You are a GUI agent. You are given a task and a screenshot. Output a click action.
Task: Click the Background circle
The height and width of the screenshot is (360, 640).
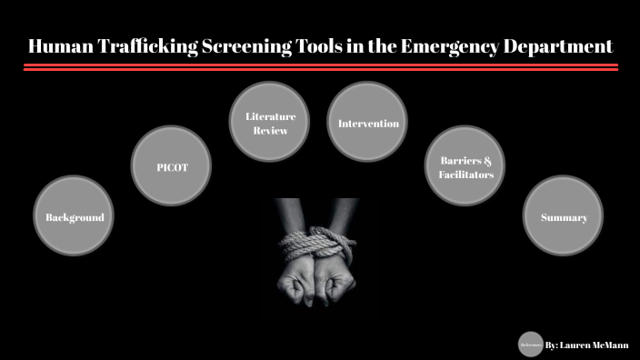point(75,215)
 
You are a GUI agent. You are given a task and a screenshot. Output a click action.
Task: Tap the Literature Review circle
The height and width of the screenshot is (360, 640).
point(266,123)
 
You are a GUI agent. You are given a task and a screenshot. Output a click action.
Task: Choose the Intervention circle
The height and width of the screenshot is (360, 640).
point(367,123)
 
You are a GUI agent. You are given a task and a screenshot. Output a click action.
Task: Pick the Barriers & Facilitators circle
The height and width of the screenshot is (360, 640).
point(460,165)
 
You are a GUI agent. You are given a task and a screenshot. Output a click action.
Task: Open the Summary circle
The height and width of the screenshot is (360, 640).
point(564,215)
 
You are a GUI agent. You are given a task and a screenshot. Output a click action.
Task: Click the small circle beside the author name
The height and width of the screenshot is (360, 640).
point(530,345)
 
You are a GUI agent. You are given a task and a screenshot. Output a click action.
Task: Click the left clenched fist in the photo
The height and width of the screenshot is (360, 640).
point(299,286)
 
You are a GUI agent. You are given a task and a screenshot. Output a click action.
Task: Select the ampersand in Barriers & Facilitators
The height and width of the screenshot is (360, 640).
point(487,159)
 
